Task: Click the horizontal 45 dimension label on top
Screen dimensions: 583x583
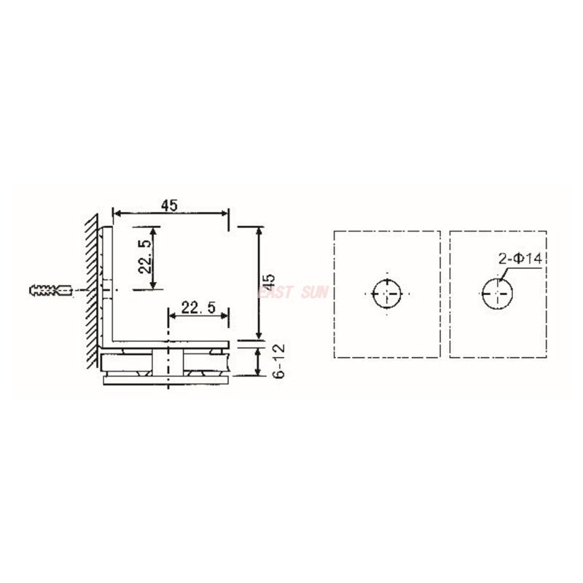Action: click(x=169, y=206)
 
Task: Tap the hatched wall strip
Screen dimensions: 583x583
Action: click(x=90, y=291)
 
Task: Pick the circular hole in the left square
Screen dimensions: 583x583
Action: click(x=386, y=294)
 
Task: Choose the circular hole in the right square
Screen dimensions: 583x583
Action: click(x=497, y=294)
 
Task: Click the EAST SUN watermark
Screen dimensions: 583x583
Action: click(x=291, y=292)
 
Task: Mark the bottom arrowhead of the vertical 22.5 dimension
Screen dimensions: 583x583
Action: click(x=153, y=285)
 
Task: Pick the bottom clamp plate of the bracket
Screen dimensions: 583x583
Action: click(x=168, y=380)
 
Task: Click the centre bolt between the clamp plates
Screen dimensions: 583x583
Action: click(x=169, y=361)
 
